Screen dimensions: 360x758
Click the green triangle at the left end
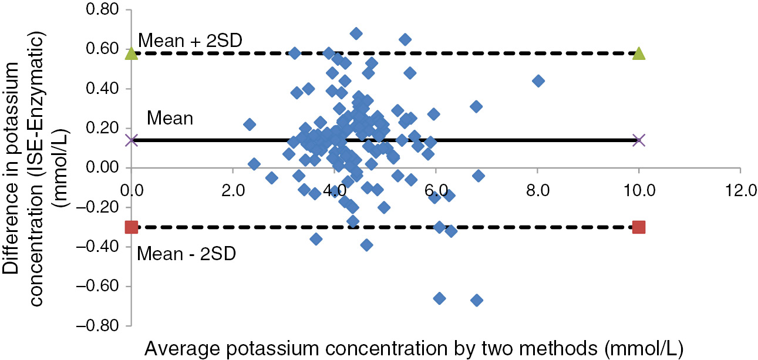point(132,54)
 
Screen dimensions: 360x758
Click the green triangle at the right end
point(639,54)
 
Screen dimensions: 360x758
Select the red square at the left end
point(132,227)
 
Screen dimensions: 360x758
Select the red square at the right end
point(639,227)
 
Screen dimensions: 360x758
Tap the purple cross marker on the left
point(132,140)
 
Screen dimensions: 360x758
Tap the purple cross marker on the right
point(639,140)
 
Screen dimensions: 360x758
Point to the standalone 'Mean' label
point(170,119)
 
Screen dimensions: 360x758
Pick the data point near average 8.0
point(538,80)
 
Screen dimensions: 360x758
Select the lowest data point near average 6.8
point(477,300)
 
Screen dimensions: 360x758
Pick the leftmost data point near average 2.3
point(250,124)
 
